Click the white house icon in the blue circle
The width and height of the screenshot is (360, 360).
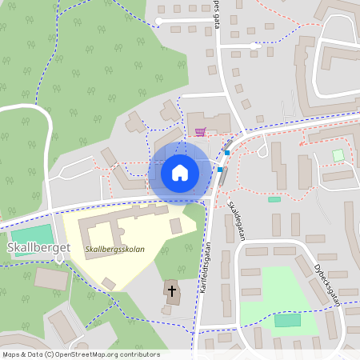tap(179, 172)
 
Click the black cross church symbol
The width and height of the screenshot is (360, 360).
tap(171, 288)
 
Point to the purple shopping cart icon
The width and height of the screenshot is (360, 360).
tap(200, 130)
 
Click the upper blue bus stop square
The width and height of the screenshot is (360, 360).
tap(227, 153)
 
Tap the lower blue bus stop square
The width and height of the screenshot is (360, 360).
tap(220, 170)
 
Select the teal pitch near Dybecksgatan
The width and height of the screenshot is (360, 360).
tap(288, 320)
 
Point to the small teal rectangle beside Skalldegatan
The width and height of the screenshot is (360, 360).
tap(274, 199)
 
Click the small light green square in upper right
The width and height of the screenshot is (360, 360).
tap(338, 154)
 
